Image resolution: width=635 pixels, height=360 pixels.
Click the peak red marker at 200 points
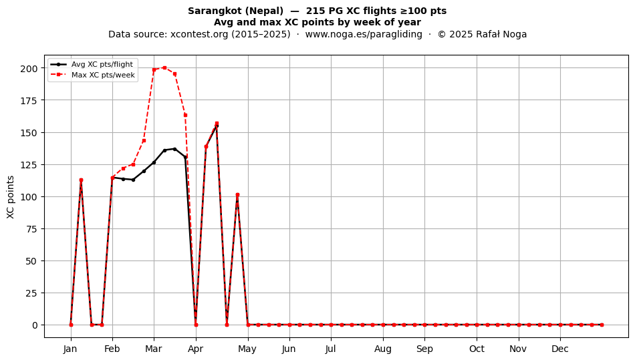pyautogui.click(x=164, y=68)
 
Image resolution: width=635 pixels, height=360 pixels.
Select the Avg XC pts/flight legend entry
pyautogui.click(x=92, y=64)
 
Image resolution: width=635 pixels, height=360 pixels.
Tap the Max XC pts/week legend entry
pyautogui.click(x=93, y=75)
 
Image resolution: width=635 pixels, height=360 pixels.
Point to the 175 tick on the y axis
pyautogui.click(x=29, y=100)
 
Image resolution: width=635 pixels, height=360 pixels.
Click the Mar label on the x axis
pyautogui.click(x=154, y=349)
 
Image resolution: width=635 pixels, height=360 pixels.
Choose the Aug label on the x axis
pyautogui.click(x=383, y=349)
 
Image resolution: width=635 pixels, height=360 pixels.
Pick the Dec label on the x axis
pyautogui.click(x=560, y=349)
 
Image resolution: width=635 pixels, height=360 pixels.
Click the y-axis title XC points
pyautogui.click(x=11, y=197)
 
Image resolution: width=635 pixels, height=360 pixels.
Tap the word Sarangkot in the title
pyautogui.click(x=215, y=11)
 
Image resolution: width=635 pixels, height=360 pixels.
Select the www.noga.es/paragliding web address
pyautogui.click(x=364, y=34)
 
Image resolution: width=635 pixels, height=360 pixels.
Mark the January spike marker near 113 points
pyautogui.click(x=81, y=180)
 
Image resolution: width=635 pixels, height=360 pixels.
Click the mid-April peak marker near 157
pyautogui.click(x=217, y=124)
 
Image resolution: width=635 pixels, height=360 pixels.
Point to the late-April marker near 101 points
pyautogui.click(x=237, y=195)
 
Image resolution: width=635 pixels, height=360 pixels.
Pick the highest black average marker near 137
pyautogui.click(x=174, y=149)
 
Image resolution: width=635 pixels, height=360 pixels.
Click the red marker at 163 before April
pyautogui.click(x=185, y=115)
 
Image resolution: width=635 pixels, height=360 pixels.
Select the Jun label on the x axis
pyautogui.click(x=289, y=349)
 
